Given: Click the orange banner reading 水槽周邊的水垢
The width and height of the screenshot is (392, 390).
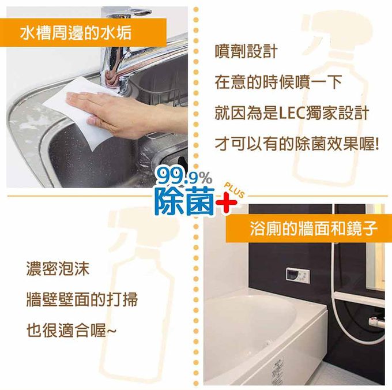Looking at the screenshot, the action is click(x=83, y=32).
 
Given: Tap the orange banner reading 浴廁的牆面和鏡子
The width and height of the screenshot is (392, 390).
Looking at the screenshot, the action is click(x=309, y=228).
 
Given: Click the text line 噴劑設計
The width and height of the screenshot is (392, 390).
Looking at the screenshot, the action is click(x=246, y=52).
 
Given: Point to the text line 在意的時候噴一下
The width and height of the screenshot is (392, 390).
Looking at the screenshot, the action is click(x=278, y=82).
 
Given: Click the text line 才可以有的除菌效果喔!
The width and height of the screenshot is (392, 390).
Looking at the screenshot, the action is click(x=297, y=144).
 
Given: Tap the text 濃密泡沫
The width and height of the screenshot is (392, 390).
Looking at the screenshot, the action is click(x=58, y=268).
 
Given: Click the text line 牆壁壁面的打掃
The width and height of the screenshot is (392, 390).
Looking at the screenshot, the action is click(x=82, y=299).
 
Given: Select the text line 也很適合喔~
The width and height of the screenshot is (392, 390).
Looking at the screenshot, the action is click(x=71, y=331).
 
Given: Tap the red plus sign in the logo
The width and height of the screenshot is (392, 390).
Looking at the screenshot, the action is click(x=227, y=203).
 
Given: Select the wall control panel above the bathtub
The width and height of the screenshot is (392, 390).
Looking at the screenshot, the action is click(x=297, y=275).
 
